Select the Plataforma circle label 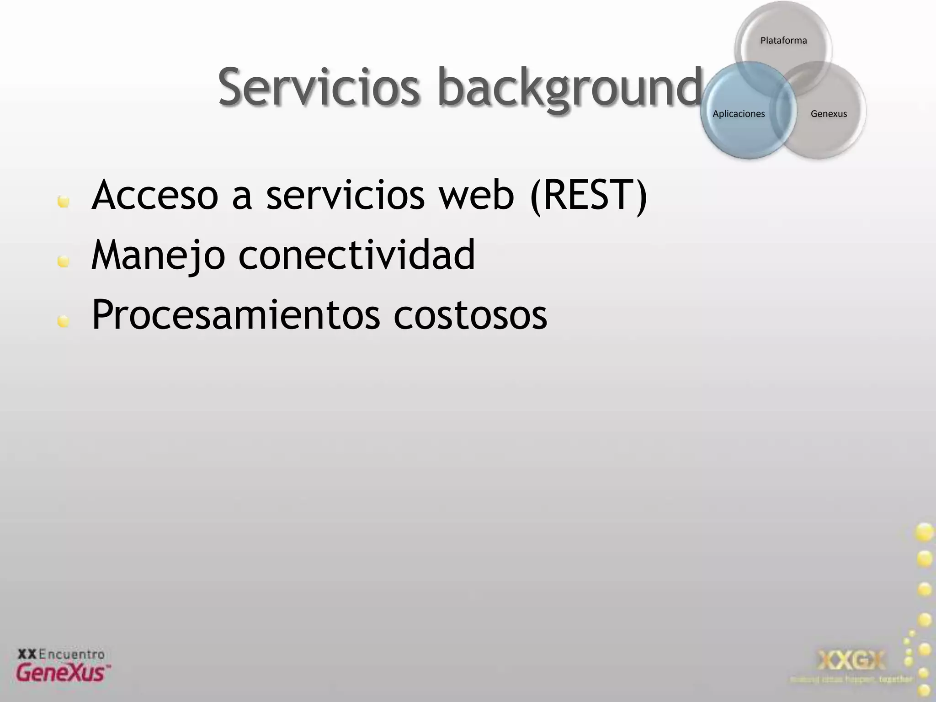click(x=783, y=41)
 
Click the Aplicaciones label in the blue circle click(x=739, y=114)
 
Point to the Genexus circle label click(x=829, y=114)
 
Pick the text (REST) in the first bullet click(x=588, y=196)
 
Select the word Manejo click(x=158, y=255)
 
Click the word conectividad click(x=356, y=255)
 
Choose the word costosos click(x=470, y=315)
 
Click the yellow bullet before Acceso click(x=64, y=202)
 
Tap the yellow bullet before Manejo click(x=64, y=261)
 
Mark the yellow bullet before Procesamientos click(x=64, y=322)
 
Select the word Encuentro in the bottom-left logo click(x=72, y=654)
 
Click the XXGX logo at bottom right click(x=851, y=660)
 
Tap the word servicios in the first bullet click(x=346, y=196)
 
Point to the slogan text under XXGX click(x=851, y=680)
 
